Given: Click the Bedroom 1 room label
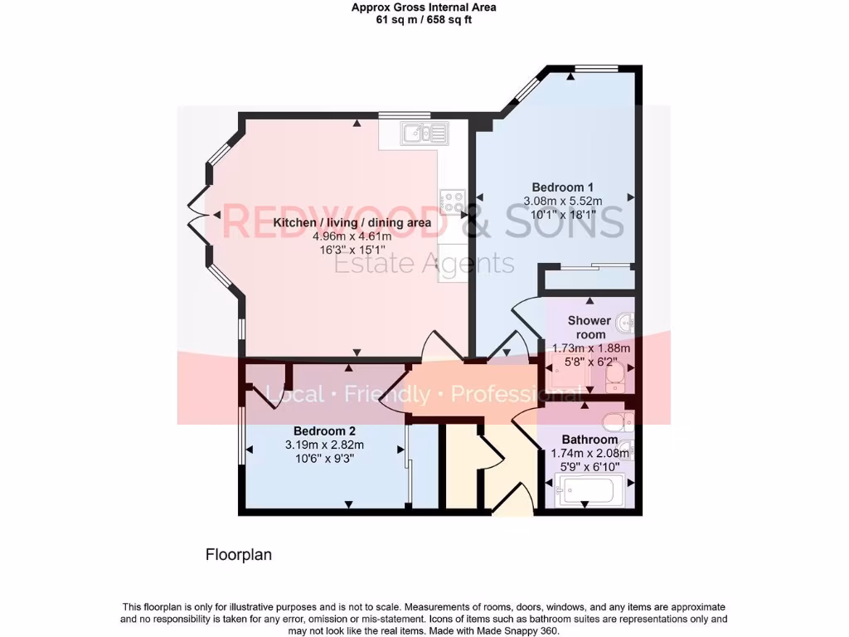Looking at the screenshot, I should click(x=562, y=187).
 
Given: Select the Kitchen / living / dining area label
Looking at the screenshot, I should click(x=352, y=223).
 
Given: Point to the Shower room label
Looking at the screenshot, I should click(x=589, y=328).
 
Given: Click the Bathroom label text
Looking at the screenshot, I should click(x=589, y=440).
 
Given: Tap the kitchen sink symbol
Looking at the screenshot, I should click(x=424, y=132).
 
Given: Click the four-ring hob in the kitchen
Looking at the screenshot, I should click(x=452, y=200).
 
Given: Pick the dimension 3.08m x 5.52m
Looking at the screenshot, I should click(x=563, y=201).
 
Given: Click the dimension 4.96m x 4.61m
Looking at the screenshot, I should click(x=352, y=236).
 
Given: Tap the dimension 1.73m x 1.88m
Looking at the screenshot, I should click(x=591, y=348).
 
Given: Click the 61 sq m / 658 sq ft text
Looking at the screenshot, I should click(x=424, y=21).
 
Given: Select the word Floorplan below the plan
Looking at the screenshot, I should click(x=239, y=555).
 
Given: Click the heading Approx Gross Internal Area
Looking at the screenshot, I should click(x=424, y=7).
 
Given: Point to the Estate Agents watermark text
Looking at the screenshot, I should click(x=424, y=264).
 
